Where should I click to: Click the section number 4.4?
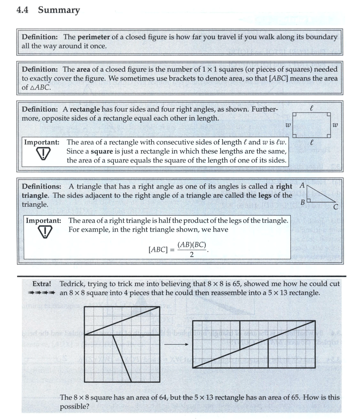click(24, 10)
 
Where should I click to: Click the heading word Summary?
click(59, 10)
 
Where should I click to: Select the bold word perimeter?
click(94, 37)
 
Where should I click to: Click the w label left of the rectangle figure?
click(288, 125)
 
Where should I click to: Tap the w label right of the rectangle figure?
click(335, 125)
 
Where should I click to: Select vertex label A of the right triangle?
click(302, 185)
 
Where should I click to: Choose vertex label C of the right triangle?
click(336, 206)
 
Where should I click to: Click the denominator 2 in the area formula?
click(192, 255)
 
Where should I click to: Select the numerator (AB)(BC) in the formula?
click(192, 245)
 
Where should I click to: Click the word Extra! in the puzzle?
click(42, 284)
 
